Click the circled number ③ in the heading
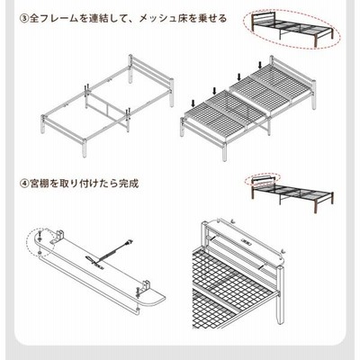(24, 19)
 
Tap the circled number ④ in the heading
(24, 184)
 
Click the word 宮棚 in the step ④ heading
(40, 184)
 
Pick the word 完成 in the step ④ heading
(129, 184)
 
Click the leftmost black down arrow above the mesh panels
(193, 103)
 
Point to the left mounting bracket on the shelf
(58, 237)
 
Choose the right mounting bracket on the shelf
(146, 286)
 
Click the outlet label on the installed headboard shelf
(246, 240)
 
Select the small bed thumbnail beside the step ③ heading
(292, 29)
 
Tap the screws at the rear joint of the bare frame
(87, 87)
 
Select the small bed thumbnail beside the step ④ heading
(292, 193)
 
